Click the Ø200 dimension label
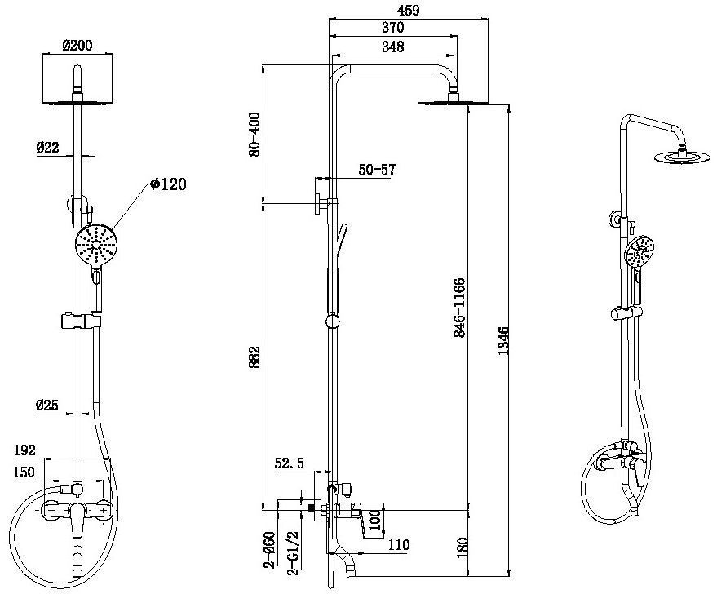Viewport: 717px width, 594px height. click(77, 46)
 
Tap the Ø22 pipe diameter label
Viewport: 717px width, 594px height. click(46, 148)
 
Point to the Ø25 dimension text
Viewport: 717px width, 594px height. click(46, 405)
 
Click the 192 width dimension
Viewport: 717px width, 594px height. click(26, 450)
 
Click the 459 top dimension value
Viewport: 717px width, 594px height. click(408, 11)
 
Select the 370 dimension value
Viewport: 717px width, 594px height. click(392, 29)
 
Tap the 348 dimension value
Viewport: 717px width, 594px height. click(392, 47)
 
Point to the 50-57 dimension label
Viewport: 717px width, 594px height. click(377, 170)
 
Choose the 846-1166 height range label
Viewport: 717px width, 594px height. click(459, 309)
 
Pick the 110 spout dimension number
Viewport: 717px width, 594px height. click(398, 545)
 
